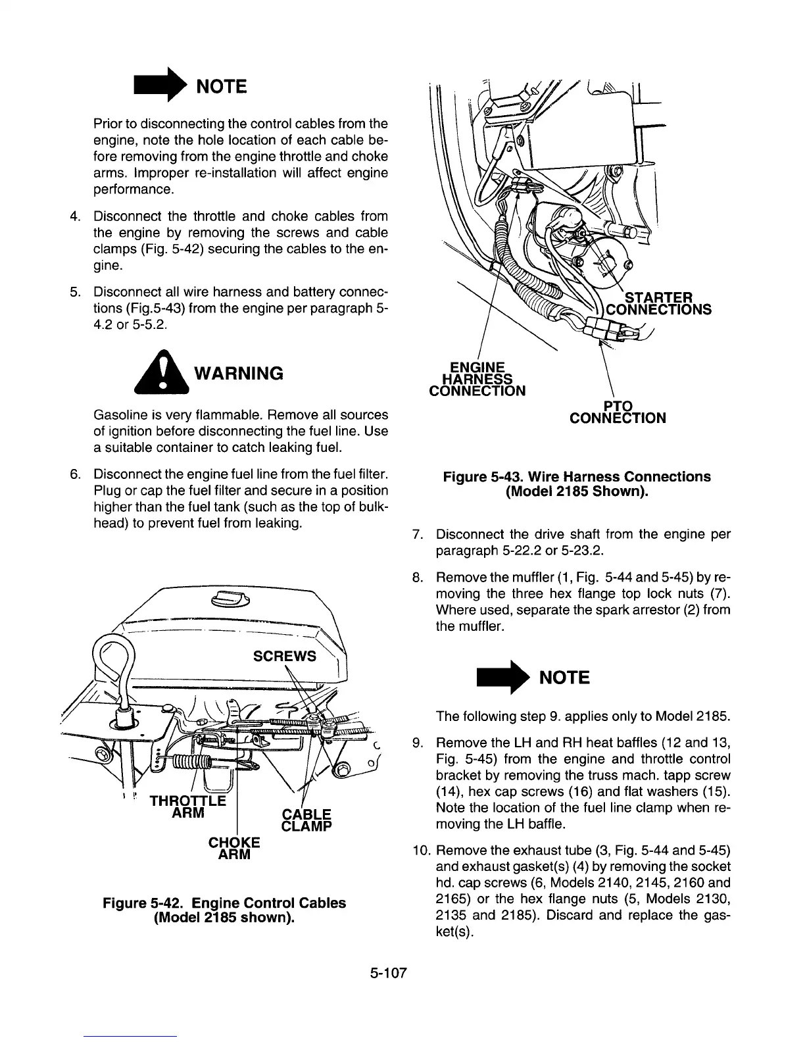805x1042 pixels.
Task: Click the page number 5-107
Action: pyautogui.click(x=389, y=972)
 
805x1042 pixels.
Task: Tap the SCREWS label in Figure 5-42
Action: pyautogui.click(x=284, y=657)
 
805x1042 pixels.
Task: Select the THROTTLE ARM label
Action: pyautogui.click(x=187, y=806)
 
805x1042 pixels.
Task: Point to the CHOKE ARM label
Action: pyautogui.click(x=234, y=849)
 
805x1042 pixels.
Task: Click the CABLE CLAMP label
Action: pyautogui.click(x=306, y=819)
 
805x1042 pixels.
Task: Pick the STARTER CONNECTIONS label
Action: pyautogui.click(x=658, y=303)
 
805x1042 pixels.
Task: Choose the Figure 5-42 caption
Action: pyautogui.click(x=224, y=909)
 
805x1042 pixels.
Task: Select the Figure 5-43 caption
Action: pyautogui.click(x=577, y=484)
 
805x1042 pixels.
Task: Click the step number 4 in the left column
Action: pyautogui.click(x=76, y=216)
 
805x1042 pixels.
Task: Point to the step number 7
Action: pyautogui.click(x=416, y=534)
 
